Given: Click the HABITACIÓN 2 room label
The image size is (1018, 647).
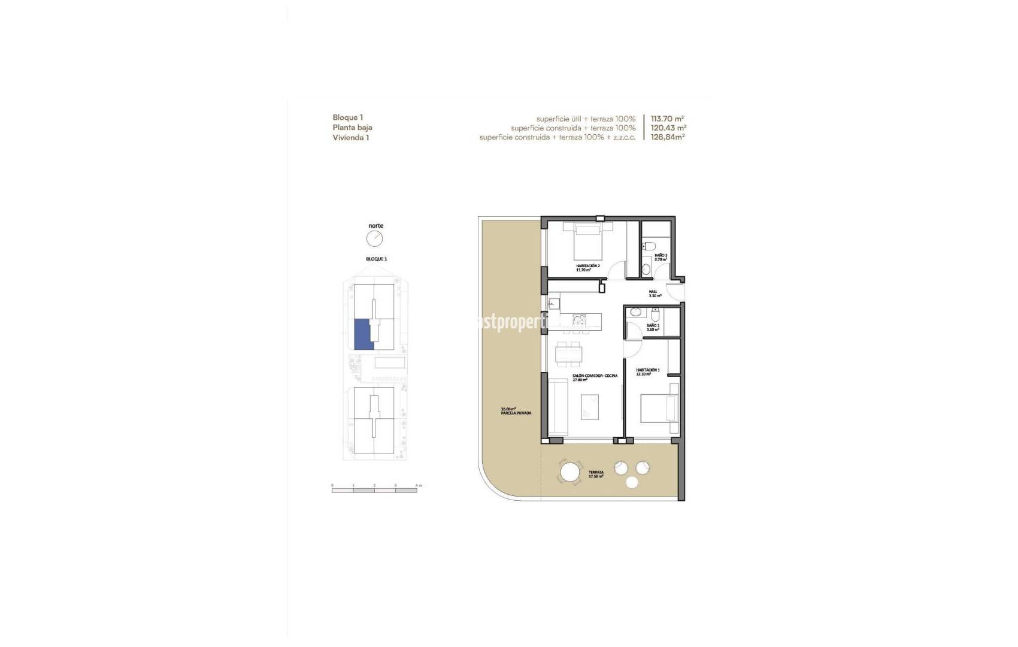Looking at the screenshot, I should [x=587, y=265].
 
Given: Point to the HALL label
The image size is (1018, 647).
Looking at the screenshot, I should [x=653, y=292].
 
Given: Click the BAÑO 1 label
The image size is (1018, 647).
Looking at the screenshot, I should [x=653, y=326].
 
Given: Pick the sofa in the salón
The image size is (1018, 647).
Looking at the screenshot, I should [x=558, y=407].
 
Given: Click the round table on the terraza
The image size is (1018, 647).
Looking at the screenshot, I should [x=569, y=473].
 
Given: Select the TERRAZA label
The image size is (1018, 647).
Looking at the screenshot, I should [x=595, y=472].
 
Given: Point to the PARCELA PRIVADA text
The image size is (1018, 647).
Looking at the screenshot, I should [x=516, y=413].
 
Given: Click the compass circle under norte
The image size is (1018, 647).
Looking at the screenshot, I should [x=374, y=239].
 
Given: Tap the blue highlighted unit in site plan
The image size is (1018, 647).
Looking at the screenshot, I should [x=363, y=334].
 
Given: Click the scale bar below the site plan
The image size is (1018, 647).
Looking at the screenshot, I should [x=375, y=491].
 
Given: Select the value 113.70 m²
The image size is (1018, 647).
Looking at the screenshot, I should [x=667, y=119].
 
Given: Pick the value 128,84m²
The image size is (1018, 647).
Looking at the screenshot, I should [x=667, y=137].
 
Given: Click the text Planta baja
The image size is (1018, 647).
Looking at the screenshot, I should [x=352, y=128].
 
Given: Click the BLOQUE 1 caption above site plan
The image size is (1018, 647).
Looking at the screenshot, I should [x=376, y=259].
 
